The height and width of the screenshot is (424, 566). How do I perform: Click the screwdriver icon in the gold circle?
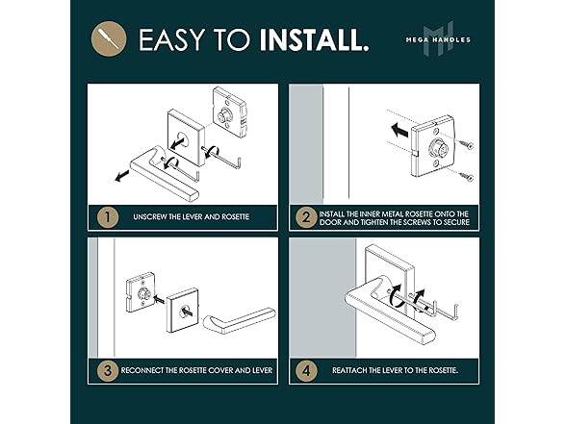click(108, 38)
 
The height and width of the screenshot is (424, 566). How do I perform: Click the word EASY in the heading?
click(171, 39)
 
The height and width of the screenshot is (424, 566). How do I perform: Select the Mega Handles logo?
click(438, 38)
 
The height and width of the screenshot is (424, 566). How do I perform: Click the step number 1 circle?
click(108, 217)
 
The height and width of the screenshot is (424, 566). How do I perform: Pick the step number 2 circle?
click(306, 217)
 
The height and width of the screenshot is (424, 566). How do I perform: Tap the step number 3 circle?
click(108, 371)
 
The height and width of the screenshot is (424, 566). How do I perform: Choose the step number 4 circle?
click(306, 371)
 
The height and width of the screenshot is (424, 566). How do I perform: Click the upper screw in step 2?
click(467, 145)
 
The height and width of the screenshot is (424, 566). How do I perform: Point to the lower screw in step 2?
click(466, 176)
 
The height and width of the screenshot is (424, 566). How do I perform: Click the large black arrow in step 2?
click(400, 130)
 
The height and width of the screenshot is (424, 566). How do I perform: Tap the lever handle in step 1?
click(163, 173)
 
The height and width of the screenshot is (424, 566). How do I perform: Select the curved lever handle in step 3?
click(240, 319)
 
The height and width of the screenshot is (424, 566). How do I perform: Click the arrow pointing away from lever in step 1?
click(122, 176)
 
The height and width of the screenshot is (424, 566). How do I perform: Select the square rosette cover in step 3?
click(184, 310)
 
